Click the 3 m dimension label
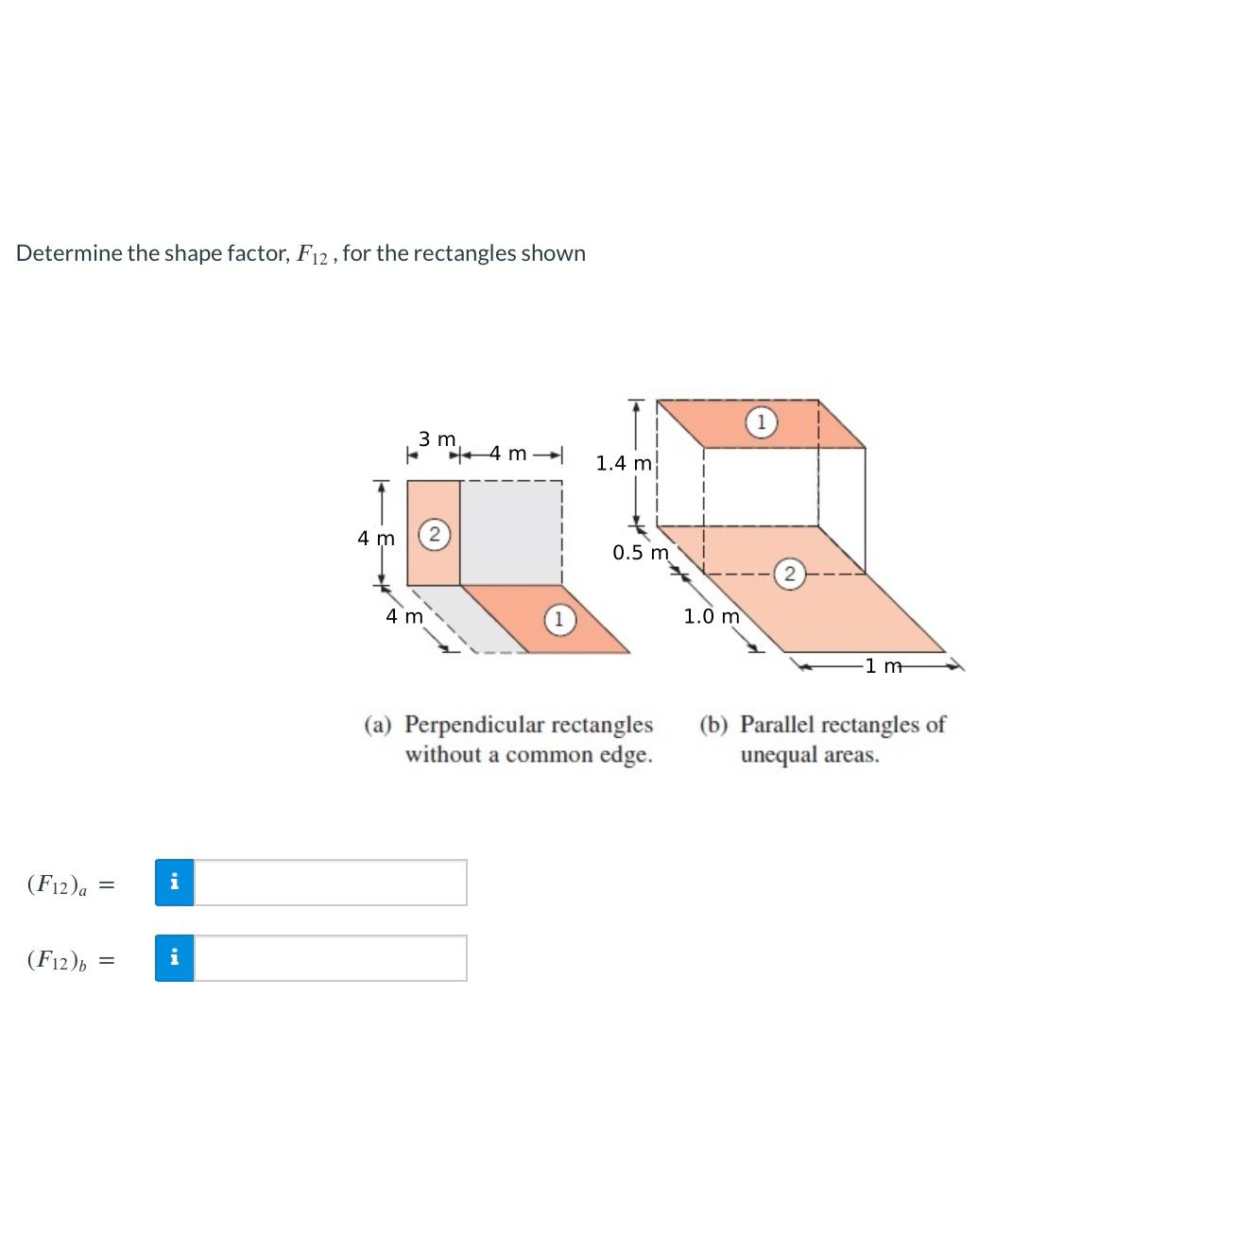point(437,439)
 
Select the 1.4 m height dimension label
point(624,463)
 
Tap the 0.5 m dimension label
point(640,553)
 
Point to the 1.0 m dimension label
point(712,617)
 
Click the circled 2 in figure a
point(433,534)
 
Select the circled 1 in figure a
point(558,620)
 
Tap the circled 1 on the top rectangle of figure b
point(761,422)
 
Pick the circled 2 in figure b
point(789,574)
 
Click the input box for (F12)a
point(330,883)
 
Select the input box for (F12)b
point(330,958)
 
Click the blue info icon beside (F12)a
point(174,883)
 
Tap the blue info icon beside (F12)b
point(174,958)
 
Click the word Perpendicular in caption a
point(474,725)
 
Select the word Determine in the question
point(69,253)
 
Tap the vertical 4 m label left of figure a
point(375,539)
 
